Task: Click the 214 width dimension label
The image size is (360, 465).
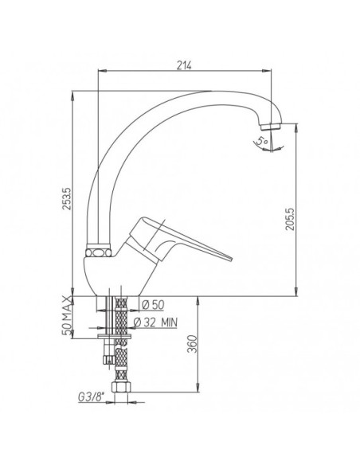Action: pyautogui.click(x=184, y=65)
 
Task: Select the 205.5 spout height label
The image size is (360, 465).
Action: pyautogui.click(x=290, y=219)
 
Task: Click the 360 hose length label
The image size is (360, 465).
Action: pyautogui.click(x=193, y=344)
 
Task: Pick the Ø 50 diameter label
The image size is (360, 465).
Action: pyautogui.click(x=153, y=305)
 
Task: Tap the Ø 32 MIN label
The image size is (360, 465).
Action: pyautogui.click(x=155, y=322)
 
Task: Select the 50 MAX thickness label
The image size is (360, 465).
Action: pyautogui.click(x=67, y=315)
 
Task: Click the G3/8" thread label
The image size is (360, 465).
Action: pyautogui.click(x=92, y=397)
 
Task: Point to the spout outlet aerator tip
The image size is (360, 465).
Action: pyautogui.click(x=271, y=127)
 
